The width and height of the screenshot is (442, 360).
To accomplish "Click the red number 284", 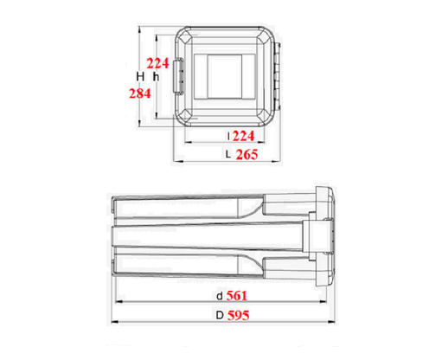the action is [x=140, y=93].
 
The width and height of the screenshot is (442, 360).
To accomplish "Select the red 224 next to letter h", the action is [x=157, y=63].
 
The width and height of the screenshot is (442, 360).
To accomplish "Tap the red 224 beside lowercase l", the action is [x=244, y=136].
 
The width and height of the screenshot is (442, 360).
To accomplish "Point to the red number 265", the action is [x=247, y=155].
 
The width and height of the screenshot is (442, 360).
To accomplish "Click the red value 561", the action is [x=237, y=296].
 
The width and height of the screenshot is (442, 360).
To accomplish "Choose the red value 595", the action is [x=239, y=315].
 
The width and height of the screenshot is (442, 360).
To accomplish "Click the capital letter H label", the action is [x=140, y=77].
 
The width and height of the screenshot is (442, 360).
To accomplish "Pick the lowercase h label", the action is [x=156, y=77].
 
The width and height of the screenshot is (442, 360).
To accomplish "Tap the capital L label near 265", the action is [x=228, y=155].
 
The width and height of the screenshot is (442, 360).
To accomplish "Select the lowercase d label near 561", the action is [x=220, y=296].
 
